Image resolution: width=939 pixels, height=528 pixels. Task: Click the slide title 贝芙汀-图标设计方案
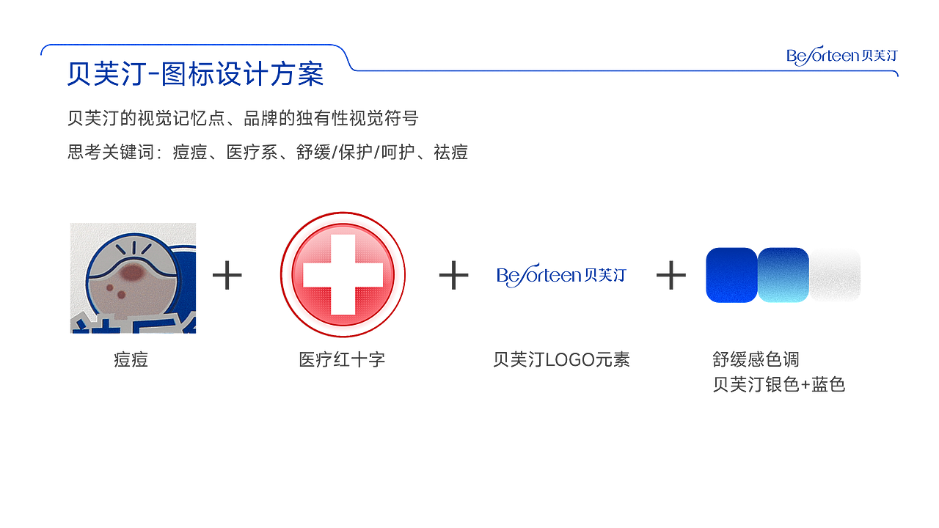pos(195,74)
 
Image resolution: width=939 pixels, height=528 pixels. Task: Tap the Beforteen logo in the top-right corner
pos(841,56)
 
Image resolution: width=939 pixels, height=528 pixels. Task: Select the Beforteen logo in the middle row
pos(561,275)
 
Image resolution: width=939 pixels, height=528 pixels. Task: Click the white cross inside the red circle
pos(343,275)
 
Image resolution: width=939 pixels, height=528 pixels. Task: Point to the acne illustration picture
pos(133,278)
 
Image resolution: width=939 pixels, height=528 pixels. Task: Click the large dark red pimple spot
pos(132,273)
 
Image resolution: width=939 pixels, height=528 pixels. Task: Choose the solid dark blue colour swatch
pos(731,275)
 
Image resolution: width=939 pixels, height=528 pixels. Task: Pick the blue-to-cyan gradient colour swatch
pos(783,275)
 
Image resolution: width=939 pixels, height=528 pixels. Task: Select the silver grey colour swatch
pos(835,275)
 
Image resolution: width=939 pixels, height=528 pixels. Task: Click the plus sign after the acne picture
pos(227,275)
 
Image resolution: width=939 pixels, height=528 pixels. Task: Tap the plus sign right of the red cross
pos(453,275)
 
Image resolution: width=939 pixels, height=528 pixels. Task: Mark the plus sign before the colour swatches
pos(671,275)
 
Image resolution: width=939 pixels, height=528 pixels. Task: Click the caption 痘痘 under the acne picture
pos(131,359)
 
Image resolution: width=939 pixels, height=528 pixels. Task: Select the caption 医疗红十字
pos(342,359)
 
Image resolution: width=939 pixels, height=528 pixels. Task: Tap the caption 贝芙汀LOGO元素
pos(561,359)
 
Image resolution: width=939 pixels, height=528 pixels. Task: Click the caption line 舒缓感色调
pos(756,359)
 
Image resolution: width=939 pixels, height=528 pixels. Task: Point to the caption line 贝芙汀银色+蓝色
pos(779,385)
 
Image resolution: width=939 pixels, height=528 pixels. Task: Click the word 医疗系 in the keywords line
pos(252,152)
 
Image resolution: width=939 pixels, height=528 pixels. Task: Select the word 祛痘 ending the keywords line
pos(450,152)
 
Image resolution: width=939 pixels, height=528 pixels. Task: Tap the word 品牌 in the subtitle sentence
pos(260,118)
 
